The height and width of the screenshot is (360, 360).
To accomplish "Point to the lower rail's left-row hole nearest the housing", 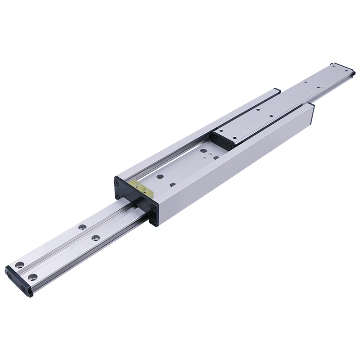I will coord(82,227).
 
